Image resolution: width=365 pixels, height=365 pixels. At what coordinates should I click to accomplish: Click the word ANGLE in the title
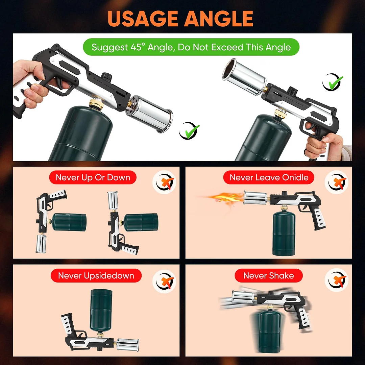tap(219, 19)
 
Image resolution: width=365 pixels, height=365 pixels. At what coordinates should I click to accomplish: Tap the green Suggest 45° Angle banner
tap(191, 47)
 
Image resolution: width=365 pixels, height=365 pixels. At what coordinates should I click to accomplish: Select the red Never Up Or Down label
tap(93, 177)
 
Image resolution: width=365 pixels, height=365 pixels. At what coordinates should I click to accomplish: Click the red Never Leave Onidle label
tap(269, 177)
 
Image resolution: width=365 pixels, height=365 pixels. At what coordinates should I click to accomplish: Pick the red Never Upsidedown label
tap(96, 276)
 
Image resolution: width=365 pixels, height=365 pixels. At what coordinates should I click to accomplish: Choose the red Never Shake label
tap(268, 276)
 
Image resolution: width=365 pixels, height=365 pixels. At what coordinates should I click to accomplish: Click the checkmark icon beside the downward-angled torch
tap(189, 131)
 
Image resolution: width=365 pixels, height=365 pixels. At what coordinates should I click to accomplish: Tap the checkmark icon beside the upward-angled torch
tap(333, 82)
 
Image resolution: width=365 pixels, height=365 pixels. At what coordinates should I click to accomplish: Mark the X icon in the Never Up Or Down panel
tap(164, 182)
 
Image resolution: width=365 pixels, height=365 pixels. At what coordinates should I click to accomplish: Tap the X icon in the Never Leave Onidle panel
tap(336, 182)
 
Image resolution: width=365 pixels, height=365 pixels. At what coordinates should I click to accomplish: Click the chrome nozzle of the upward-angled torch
tap(244, 76)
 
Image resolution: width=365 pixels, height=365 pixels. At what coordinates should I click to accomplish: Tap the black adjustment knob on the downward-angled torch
tap(106, 77)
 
